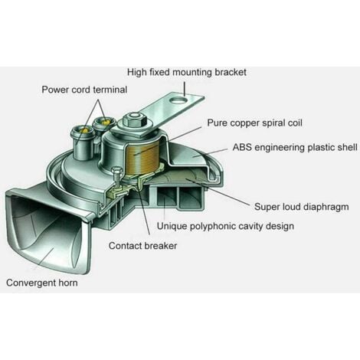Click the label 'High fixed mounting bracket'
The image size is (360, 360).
click(x=187, y=72)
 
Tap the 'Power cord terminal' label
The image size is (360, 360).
click(x=84, y=90)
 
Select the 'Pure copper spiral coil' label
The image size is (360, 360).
click(x=254, y=123)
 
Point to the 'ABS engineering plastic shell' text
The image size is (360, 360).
click(x=295, y=148)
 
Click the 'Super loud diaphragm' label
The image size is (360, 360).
click(x=302, y=207)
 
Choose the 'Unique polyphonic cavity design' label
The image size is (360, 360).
click(x=225, y=226)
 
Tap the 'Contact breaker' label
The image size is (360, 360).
click(x=142, y=246)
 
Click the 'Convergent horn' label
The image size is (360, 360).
click(x=42, y=283)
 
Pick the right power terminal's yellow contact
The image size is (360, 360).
click(x=106, y=122)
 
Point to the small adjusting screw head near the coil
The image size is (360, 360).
click(x=116, y=170)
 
